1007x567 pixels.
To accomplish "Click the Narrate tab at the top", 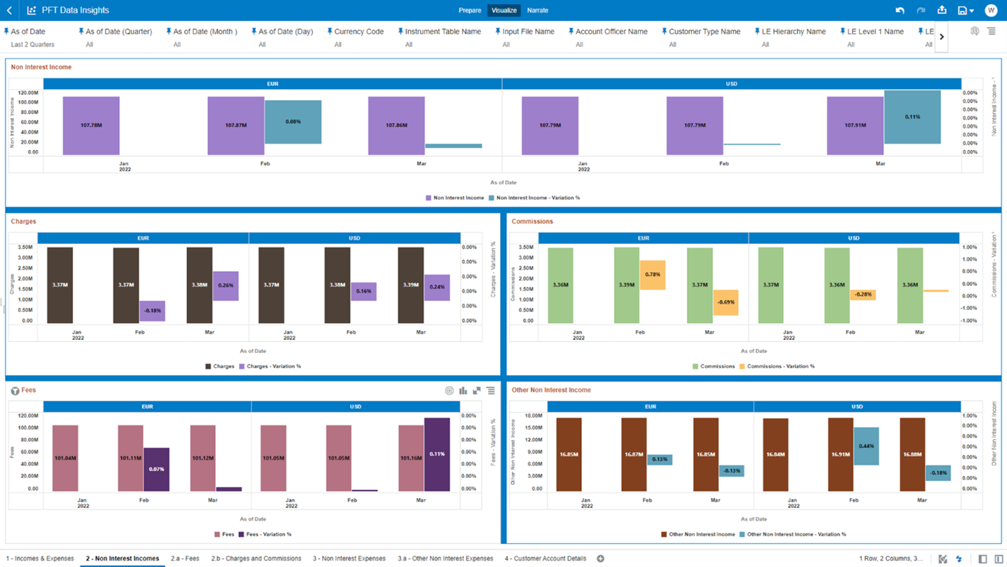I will pyautogui.click(x=537, y=11).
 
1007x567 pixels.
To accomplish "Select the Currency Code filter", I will pyautogui.click(x=359, y=32).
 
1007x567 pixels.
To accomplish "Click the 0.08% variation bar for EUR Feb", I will pyautogui.click(x=293, y=122).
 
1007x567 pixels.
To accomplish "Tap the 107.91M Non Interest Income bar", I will pyautogui.click(x=854, y=125).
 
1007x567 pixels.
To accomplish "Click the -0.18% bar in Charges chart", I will pyautogui.click(x=152, y=311).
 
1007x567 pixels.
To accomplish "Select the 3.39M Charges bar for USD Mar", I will pyautogui.click(x=410, y=285).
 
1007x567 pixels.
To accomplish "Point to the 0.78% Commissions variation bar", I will pyautogui.click(x=652, y=275).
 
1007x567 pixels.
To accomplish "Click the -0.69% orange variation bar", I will pyautogui.click(x=725, y=302).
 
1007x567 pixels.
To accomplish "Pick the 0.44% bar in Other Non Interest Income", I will pyautogui.click(x=866, y=446).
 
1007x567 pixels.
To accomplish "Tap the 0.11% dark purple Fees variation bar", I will pyautogui.click(x=437, y=454).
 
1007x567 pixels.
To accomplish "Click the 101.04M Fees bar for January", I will pyautogui.click(x=65, y=458).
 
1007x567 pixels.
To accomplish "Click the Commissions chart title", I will pyautogui.click(x=532, y=221).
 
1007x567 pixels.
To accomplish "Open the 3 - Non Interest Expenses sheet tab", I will pyautogui.click(x=349, y=559).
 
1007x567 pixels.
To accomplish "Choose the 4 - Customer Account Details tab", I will pyautogui.click(x=545, y=559).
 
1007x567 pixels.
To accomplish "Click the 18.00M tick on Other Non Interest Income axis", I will pyautogui.click(x=533, y=416).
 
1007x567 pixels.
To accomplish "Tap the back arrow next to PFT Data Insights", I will pyautogui.click(x=9, y=11).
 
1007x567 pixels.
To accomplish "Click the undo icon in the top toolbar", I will pyautogui.click(x=900, y=11).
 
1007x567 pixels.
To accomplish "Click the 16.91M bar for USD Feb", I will pyautogui.click(x=840, y=454).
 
